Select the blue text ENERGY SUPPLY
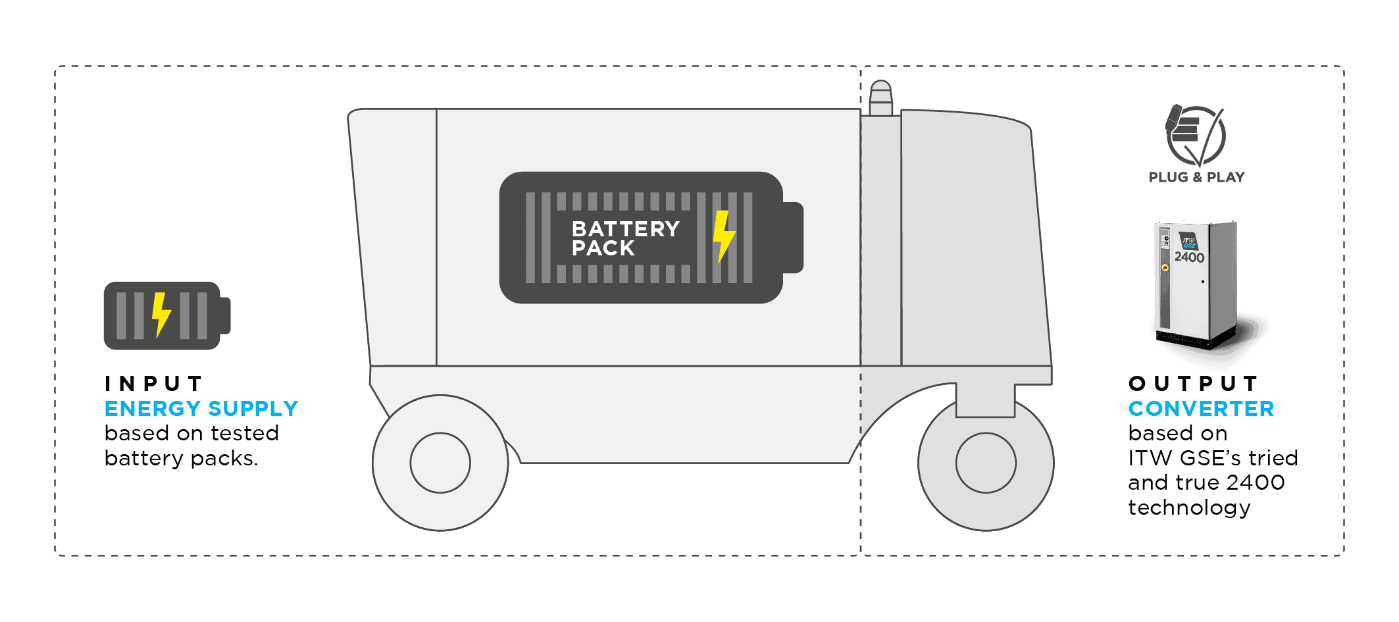tap(201, 409)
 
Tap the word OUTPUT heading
tap(1193, 384)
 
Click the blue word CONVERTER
tap(1201, 409)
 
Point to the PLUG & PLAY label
tap(1196, 177)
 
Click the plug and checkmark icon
tap(1195, 135)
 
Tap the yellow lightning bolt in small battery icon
tap(161, 315)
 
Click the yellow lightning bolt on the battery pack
tap(723, 236)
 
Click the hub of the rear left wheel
tap(440, 463)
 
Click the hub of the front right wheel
tap(986, 463)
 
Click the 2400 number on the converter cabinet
tap(1189, 257)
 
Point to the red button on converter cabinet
tap(1165, 267)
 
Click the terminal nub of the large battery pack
tap(794, 238)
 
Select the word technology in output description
tap(1189, 507)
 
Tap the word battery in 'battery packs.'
tap(144, 458)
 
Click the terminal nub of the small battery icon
tap(225, 315)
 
